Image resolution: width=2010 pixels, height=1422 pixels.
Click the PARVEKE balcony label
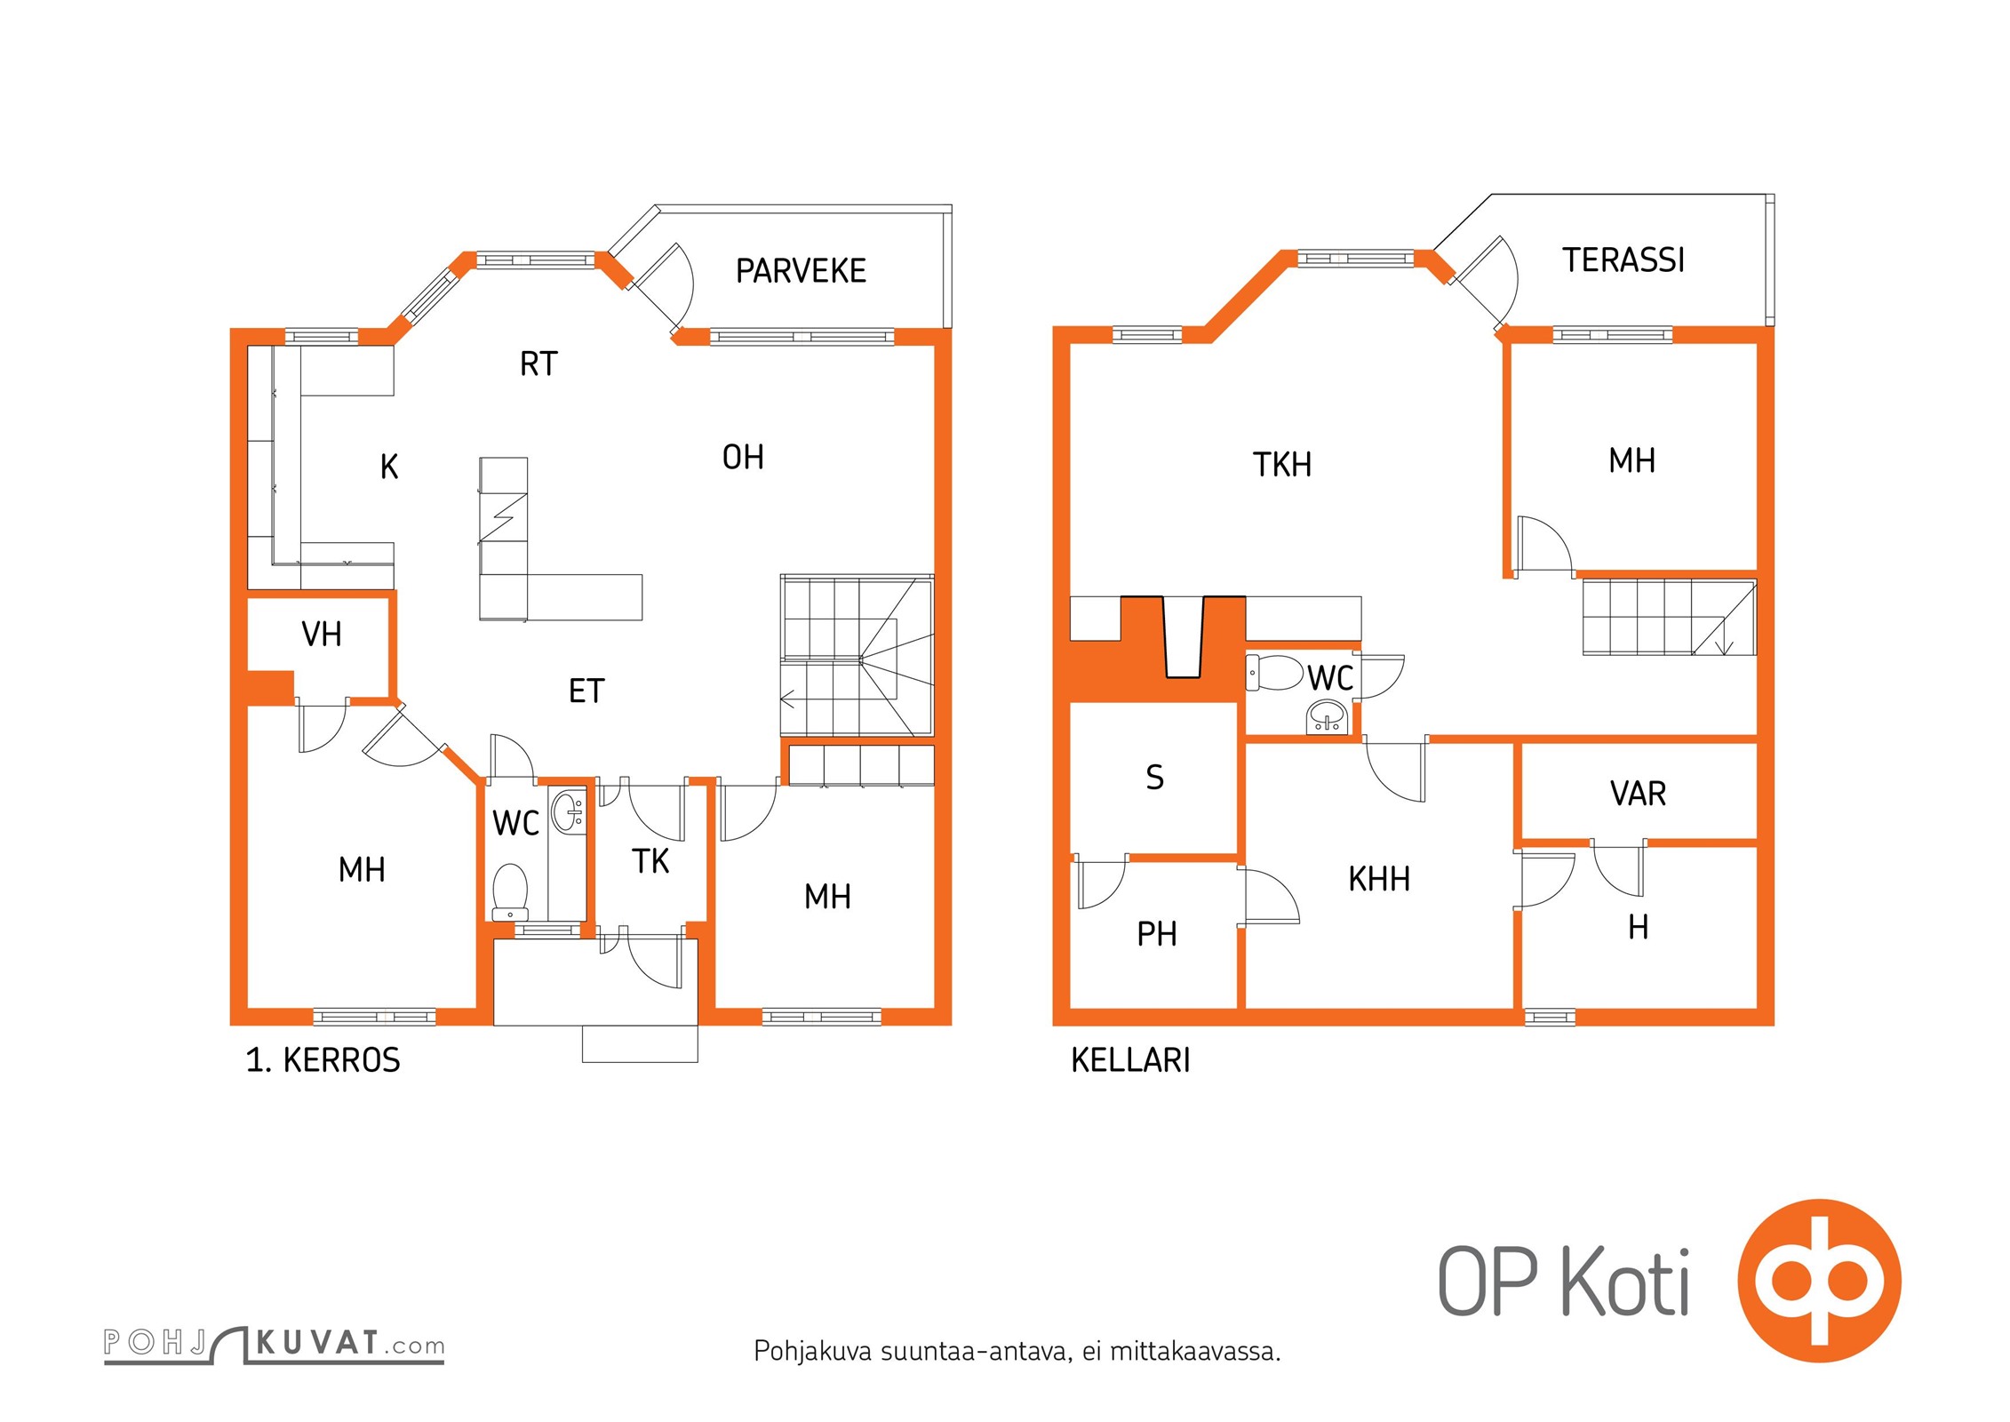click(801, 270)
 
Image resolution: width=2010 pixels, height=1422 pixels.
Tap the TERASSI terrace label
click(1623, 260)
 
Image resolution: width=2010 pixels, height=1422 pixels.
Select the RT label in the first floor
click(538, 363)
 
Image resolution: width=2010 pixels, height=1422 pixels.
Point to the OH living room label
click(743, 457)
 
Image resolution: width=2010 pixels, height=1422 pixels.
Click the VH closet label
click(322, 634)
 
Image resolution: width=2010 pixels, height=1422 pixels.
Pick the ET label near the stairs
click(586, 691)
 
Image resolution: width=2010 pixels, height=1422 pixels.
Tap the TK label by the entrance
click(650, 860)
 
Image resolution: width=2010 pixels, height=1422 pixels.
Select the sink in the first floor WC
click(568, 811)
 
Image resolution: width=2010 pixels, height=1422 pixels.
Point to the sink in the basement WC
click(1328, 717)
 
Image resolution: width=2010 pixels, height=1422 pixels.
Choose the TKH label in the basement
click(1282, 464)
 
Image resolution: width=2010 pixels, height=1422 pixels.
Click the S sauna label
click(1154, 777)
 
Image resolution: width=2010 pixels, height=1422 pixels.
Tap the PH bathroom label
click(1157, 933)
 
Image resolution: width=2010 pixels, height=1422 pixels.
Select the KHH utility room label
click(1379, 878)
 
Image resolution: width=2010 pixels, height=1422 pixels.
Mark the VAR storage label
click(1638, 793)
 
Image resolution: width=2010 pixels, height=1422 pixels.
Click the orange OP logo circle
click(1820, 1281)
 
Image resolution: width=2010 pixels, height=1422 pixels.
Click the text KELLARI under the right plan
click(1130, 1059)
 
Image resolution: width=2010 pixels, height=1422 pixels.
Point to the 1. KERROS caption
click(323, 1059)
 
